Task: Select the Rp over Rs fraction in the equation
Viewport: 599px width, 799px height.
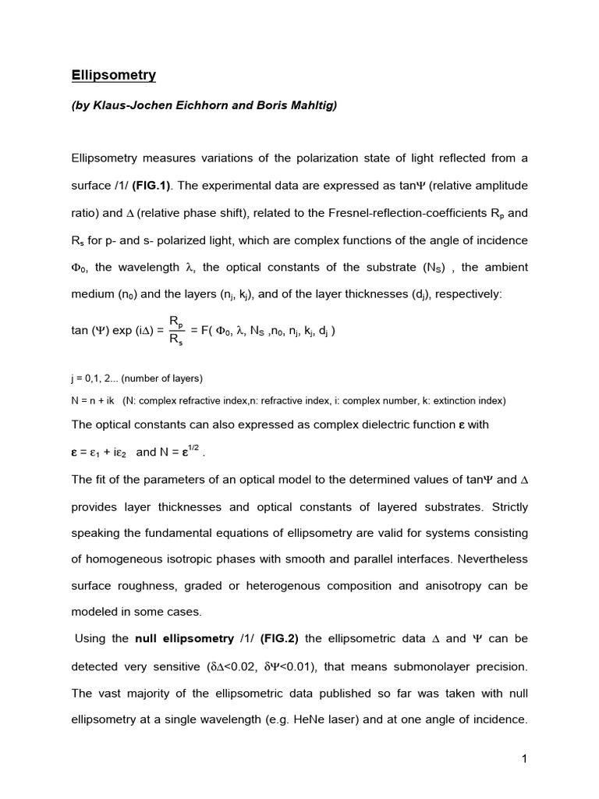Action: (x=176, y=331)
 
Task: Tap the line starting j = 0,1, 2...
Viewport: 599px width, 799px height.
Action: (x=136, y=378)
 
